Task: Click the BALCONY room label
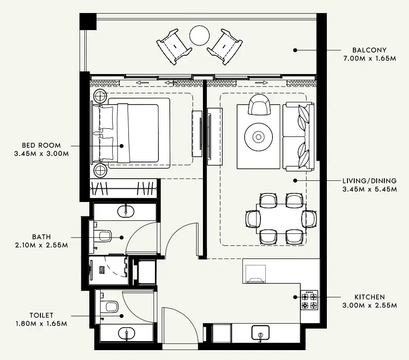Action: click(369, 50)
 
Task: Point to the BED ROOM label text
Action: click(41, 145)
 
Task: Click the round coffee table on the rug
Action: click(258, 136)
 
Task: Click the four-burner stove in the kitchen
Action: click(309, 300)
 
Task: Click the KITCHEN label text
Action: click(369, 297)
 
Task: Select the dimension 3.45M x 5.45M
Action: click(369, 189)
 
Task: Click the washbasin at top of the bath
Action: click(126, 211)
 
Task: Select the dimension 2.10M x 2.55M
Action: click(41, 245)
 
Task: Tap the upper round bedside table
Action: click(100, 97)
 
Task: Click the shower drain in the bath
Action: click(102, 270)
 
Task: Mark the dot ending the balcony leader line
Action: click(295, 50)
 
